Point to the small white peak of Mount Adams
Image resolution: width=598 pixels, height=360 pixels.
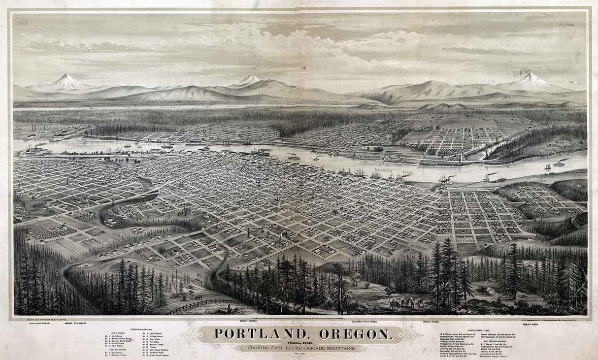[x=250, y=79]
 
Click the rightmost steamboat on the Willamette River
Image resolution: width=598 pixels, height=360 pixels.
[x=560, y=163]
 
